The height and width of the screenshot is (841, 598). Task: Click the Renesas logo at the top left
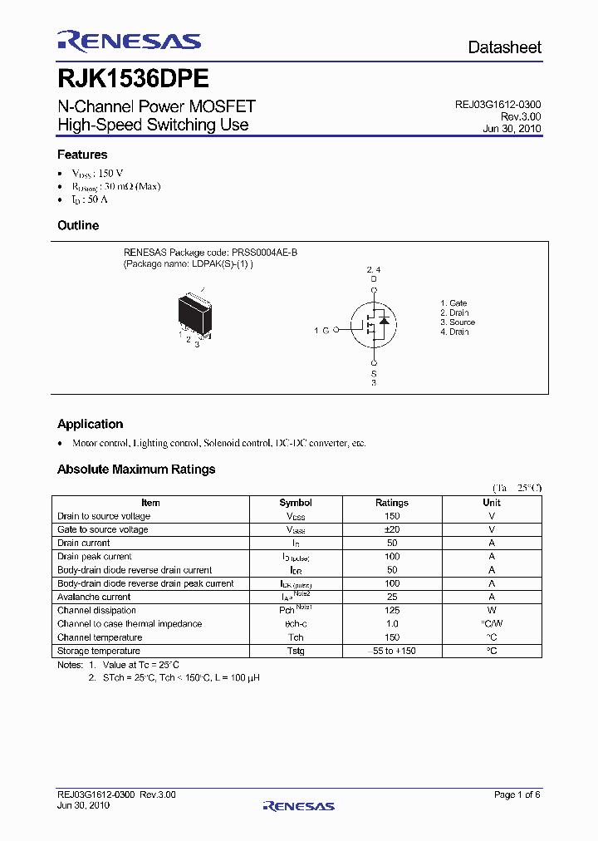129,42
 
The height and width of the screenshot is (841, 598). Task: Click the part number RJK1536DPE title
132,78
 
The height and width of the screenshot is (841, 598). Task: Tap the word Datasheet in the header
504,47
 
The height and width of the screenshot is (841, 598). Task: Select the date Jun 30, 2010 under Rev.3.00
512,129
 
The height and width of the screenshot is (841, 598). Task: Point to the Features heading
82,155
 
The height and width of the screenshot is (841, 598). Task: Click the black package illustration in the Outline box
195,313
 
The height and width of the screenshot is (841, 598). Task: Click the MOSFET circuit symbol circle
373,325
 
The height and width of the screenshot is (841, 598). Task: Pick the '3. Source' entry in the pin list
458,322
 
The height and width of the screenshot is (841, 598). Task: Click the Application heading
90,424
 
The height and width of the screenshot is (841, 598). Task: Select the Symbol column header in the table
296,503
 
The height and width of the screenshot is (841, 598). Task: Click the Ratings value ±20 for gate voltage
392,529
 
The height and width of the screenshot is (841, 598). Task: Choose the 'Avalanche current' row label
94,597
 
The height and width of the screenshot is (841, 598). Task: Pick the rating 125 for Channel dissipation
392,611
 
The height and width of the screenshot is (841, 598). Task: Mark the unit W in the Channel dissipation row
492,611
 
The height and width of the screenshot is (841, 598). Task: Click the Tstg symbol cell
296,651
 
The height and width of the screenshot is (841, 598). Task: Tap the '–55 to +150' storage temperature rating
392,651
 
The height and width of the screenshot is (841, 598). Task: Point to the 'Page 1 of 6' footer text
517,795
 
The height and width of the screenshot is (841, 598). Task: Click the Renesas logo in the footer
298,805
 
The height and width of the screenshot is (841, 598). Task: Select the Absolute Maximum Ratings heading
136,470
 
